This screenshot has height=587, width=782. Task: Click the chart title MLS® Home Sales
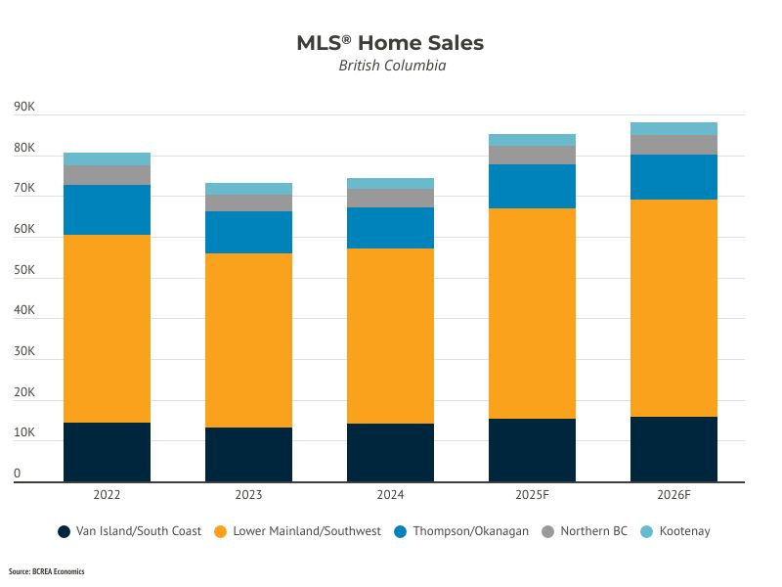tap(390, 43)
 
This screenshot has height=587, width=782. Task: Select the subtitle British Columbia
tap(391, 67)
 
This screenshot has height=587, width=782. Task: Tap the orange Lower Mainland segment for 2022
tap(107, 329)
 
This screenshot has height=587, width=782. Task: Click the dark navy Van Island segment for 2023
tap(248, 454)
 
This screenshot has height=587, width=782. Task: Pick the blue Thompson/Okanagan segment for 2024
tap(390, 228)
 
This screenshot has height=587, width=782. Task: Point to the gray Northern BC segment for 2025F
tap(532, 155)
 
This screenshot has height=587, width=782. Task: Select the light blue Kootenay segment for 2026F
tap(673, 128)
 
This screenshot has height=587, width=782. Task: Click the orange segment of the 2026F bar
tap(673, 308)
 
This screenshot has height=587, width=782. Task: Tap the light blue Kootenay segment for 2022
tap(107, 158)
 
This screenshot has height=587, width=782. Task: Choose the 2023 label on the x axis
tap(248, 495)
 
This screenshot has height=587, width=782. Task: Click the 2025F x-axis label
tap(532, 495)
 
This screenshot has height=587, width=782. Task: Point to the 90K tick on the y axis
tap(24, 108)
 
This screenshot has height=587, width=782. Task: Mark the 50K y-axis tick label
tap(24, 271)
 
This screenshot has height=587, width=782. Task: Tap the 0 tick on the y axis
tap(18, 474)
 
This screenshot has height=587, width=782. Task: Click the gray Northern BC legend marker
tap(547, 531)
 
